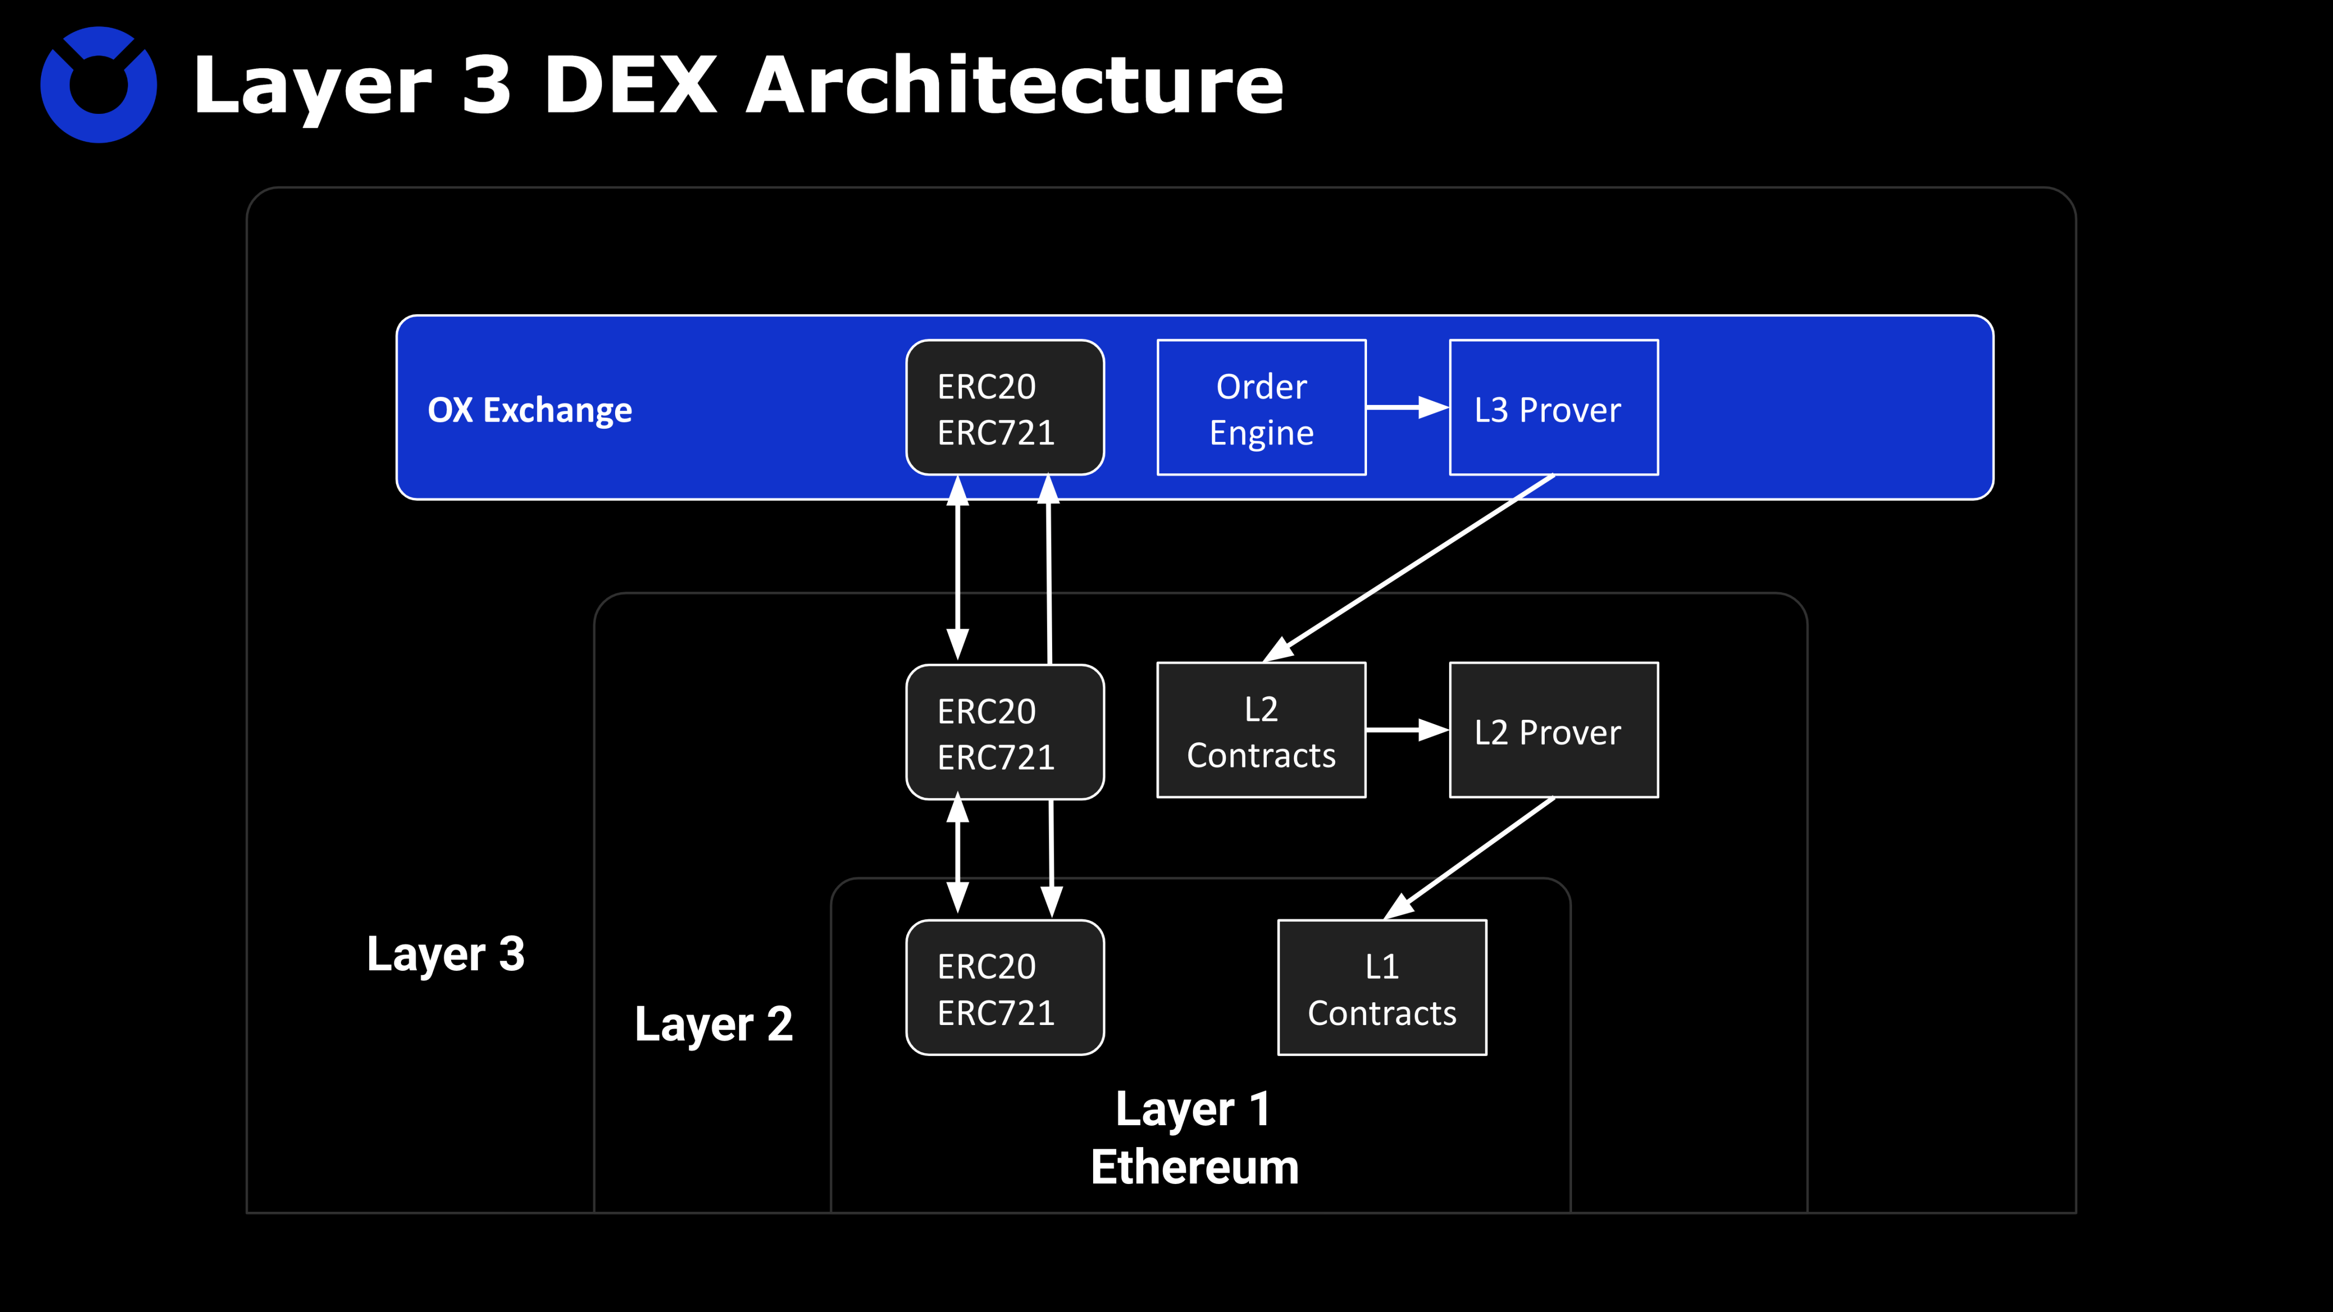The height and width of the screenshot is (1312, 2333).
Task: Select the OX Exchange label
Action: [x=530, y=410]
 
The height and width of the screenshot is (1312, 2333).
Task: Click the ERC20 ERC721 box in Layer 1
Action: [x=1004, y=988]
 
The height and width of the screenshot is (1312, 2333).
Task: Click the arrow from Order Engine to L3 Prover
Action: [x=1406, y=407]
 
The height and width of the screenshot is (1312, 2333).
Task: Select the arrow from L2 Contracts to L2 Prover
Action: [x=1406, y=730]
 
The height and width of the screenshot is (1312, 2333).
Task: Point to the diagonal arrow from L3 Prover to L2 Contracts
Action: [x=1409, y=568]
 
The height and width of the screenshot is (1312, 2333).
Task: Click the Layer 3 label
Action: [x=446, y=954]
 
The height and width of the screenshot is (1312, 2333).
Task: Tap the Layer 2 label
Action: [x=714, y=1024]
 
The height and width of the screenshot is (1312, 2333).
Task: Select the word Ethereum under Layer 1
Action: [x=1194, y=1166]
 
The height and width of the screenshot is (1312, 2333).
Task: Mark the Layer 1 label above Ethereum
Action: [x=1193, y=1109]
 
